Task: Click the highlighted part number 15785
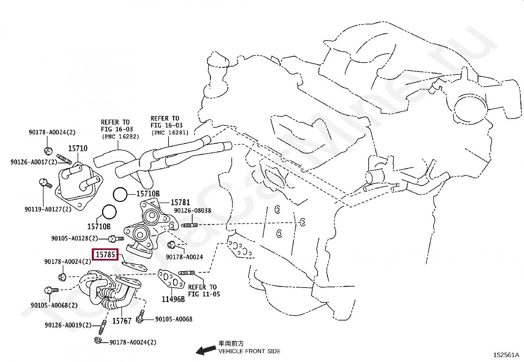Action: coord(105,255)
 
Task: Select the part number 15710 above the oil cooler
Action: coord(78,149)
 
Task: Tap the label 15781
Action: coord(180,202)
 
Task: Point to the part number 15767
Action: coord(122,321)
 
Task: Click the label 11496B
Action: coord(173,299)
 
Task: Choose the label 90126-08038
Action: coord(193,210)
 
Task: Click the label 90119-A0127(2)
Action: coord(48,209)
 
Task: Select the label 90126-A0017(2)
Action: coord(34,162)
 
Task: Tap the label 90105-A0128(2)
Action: coord(75,238)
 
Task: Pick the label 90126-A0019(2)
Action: coord(68,325)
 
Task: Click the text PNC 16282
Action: coord(120,136)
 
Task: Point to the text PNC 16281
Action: coord(170,133)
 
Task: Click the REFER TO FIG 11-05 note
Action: coord(203,291)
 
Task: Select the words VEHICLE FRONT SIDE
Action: coord(249,351)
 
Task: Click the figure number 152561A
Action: coord(506,355)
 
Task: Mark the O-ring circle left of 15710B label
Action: coord(120,194)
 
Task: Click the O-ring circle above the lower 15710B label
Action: coord(109,212)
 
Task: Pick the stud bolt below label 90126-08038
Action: coord(189,225)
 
